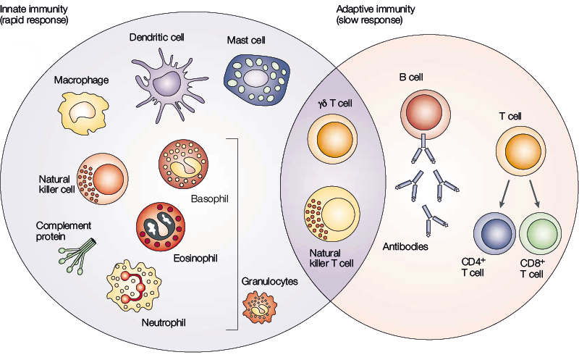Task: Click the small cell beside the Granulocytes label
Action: pyautogui.click(x=262, y=307)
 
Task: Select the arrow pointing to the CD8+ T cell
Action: pyautogui.click(x=536, y=193)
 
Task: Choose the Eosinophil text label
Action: pyautogui.click(x=195, y=257)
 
